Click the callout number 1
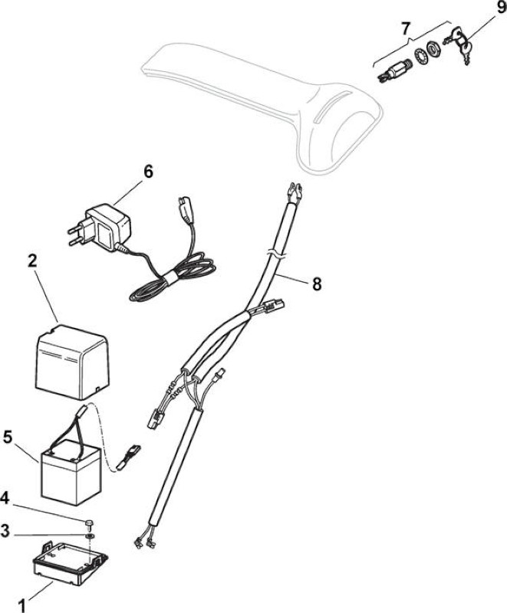click(x=22, y=603)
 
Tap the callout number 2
click(x=31, y=261)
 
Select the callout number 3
click(x=5, y=531)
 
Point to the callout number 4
click(x=5, y=499)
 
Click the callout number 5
click(x=8, y=437)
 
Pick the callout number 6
click(x=148, y=172)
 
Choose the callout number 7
click(x=406, y=28)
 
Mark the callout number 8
click(x=317, y=284)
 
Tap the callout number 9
click(x=501, y=8)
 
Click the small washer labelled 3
click(x=91, y=535)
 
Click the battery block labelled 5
click(x=71, y=471)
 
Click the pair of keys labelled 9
click(x=460, y=44)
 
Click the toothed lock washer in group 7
click(x=421, y=55)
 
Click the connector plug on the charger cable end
click(x=184, y=208)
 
